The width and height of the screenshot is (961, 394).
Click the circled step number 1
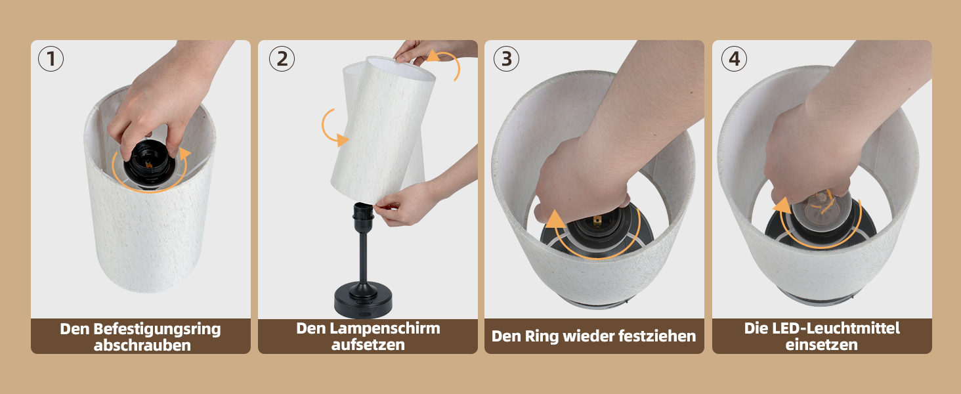coord(51,59)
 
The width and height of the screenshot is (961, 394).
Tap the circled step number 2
coord(282,59)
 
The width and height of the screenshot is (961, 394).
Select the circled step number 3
coord(506,59)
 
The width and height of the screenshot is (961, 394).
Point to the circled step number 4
coord(734,59)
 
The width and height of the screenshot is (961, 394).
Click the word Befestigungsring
coord(157,330)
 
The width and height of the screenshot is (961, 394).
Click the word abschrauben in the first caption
coord(142,345)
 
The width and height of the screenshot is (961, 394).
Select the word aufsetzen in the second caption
coord(368,345)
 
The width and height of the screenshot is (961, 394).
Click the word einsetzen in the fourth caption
coord(822,345)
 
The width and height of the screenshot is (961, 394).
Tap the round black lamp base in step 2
coord(363,300)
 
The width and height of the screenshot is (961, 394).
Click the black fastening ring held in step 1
coord(150,162)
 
